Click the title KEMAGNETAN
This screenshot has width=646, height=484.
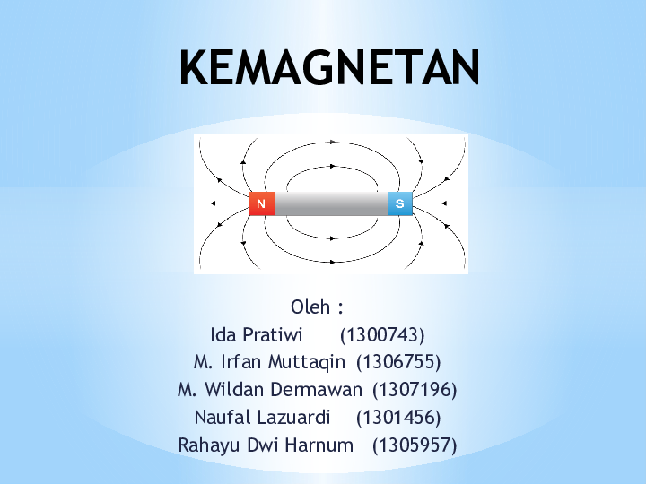pos(329,66)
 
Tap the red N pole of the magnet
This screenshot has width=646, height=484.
pos(261,204)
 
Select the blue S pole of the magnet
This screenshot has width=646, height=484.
pos(399,204)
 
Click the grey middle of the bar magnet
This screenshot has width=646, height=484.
pos(330,204)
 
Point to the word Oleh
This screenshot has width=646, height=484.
pos(310,307)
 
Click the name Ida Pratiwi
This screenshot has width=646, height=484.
pos(256,335)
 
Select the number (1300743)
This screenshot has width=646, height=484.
pos(382,335)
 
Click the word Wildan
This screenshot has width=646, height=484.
pos(234,390)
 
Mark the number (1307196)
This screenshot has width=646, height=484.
pos(415,390)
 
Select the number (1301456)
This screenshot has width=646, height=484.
pos(398,417)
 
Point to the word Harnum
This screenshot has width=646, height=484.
pos(321,445)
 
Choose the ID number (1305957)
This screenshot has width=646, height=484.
pos(415,445)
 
